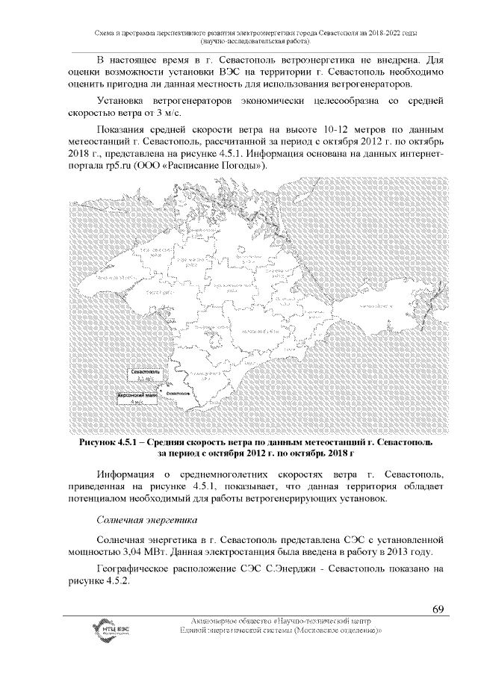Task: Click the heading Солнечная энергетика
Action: click(146, 518)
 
